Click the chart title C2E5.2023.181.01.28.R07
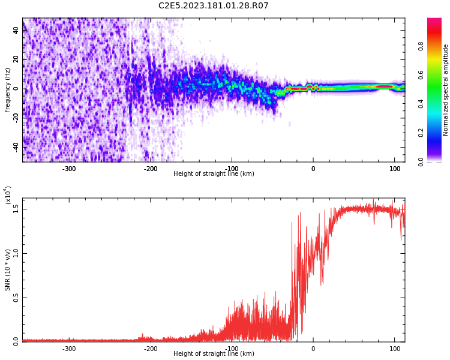pos(213,6)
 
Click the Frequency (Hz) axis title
pos(8,90)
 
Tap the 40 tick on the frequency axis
pos(16,31)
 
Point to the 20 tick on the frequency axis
pos(16,60)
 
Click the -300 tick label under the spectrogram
pos(69,169)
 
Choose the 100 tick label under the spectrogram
pos(394,169)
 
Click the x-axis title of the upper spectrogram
pos(213,174)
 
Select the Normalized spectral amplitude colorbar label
pos(446,90)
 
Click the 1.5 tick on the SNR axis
pos(16,209)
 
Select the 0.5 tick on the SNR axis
pos(16,298)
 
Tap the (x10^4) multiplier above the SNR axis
pos(8,195)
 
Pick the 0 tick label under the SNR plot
pos(313,349)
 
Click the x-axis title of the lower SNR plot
pos(213,354)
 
